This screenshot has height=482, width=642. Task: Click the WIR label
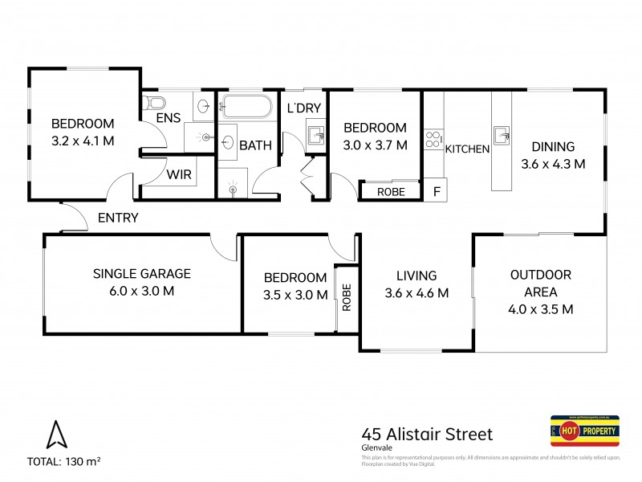177,174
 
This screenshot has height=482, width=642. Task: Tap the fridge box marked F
437,191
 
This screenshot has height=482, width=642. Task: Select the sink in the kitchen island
502,134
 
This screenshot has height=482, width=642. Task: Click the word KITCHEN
468,149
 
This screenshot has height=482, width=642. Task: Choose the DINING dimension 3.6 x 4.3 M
553,163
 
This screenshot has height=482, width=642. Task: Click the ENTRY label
118,218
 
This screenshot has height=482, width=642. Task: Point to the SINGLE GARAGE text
141,273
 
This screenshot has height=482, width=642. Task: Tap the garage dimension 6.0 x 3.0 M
141,291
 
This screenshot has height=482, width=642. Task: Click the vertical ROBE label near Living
347,297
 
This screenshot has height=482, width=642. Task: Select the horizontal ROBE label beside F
392,192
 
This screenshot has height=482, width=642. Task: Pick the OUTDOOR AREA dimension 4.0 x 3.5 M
540,308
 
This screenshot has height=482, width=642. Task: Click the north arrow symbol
55,435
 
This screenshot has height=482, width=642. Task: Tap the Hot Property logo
585,432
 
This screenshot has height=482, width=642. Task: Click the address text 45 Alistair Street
427,435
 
